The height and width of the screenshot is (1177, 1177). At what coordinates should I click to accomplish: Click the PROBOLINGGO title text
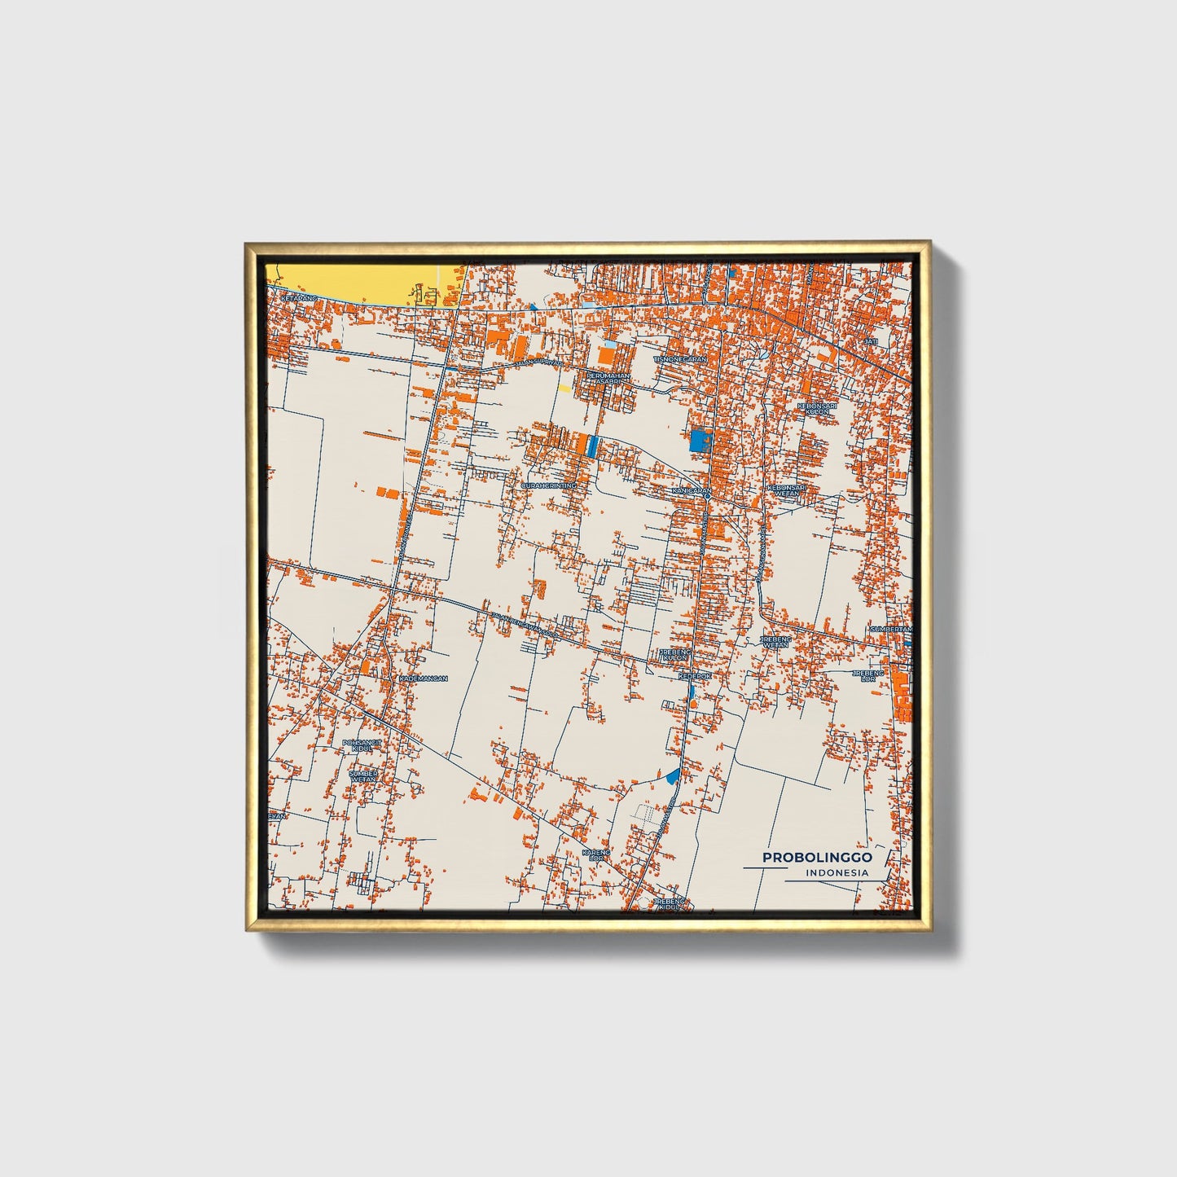pyautogui.click(x=817, y=858)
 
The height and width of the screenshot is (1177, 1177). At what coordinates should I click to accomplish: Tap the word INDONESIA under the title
pyautogui.click(x=837, y=873)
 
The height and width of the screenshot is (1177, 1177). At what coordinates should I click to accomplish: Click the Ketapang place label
pyautogui.click(x=297, y=299)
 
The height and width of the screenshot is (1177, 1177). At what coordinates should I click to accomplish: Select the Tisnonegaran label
pyautogui.click(x=679, y=358)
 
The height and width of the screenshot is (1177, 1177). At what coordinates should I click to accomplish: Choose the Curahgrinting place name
pyautogui.click(x=548, y=485)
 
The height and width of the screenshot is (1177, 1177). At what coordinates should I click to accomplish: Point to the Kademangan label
pyautogui.click(x=424, y=678)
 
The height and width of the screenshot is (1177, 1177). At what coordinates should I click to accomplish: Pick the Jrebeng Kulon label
pyautogui.click(x=674, y=655)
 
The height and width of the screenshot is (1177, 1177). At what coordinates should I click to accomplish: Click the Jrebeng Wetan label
pyautogui.click(x=775, y=643)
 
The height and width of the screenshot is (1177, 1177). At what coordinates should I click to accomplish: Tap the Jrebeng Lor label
pyautogui.click(x=867, y=675)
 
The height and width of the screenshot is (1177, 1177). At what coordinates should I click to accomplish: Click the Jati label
pyautogui.click(x=871, y=341)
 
